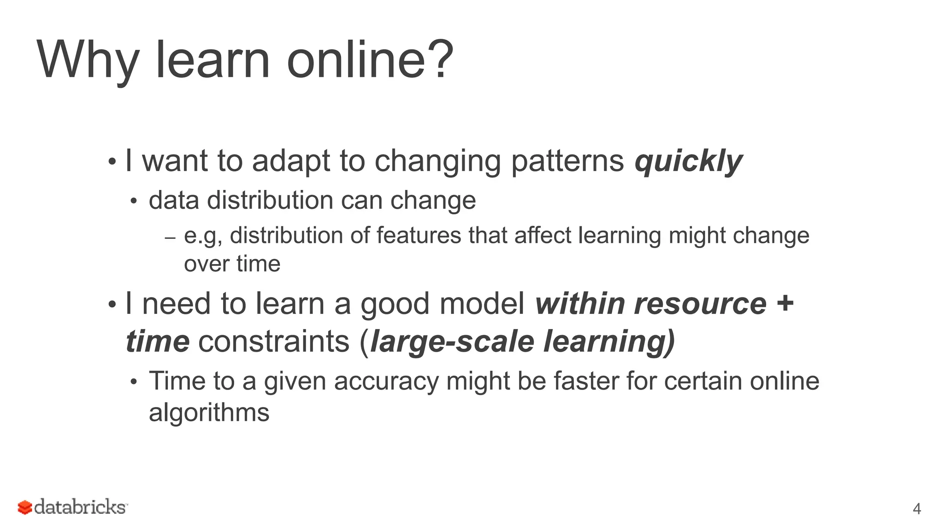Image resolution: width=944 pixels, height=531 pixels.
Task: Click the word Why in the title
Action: tap(88, 60)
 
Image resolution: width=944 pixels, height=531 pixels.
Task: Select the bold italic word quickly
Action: tap(689, 161)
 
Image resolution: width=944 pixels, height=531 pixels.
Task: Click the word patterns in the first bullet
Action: tap(567, 161)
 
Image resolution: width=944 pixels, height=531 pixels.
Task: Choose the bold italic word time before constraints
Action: tap(157, 342)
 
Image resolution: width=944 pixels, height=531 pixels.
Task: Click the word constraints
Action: tap(274, 342)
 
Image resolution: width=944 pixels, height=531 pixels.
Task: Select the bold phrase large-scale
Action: tap(452, 342)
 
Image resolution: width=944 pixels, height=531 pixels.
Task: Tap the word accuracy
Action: tap(386, 382)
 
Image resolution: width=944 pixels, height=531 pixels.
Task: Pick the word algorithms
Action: tap(209, 413)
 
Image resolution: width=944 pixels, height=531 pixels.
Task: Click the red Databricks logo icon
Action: tap(25, 507)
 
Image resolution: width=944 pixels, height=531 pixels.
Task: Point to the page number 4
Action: tap(917, 509)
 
